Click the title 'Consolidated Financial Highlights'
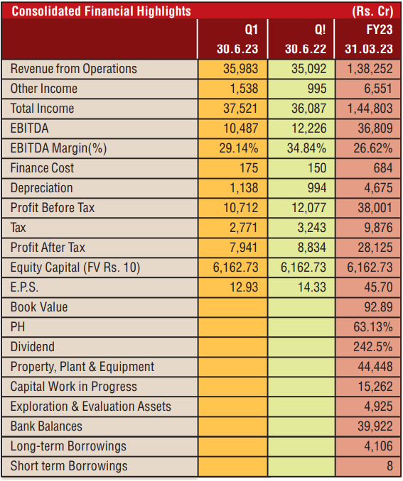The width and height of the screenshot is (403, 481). (x=101, y=11)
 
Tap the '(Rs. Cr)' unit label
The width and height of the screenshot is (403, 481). (x=372, y=11)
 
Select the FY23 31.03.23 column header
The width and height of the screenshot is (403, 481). (x=369, y=39)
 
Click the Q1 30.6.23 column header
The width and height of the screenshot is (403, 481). (x=237, y=39)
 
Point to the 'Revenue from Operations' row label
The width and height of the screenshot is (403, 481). (x=74, y=69)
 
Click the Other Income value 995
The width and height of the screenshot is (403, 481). (x=317, y=89)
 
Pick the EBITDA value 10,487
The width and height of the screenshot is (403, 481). (x=241, y=128)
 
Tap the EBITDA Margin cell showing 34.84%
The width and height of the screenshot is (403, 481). (x=306, y=148)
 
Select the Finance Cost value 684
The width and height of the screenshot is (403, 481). (x=383, y=168)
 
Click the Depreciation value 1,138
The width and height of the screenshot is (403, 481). (x=244, y=188)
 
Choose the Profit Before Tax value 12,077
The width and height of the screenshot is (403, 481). (x=309, y=208)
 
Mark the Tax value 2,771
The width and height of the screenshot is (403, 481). (x=244, y=228)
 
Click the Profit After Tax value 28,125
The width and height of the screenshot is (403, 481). (x=375, y=248)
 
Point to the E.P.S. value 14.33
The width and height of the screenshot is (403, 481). (x=312, y=287)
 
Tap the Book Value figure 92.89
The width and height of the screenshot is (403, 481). (x=378, y=307)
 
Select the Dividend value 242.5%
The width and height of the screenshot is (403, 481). (x=373, y=347)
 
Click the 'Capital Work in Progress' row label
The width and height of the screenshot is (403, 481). (x=74, y=387)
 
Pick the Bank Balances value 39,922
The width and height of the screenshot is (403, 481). (x=375, y=426)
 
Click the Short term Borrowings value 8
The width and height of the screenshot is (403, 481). (x=389, y=465)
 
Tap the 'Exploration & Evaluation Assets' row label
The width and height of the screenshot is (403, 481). (x=91, y=406)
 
